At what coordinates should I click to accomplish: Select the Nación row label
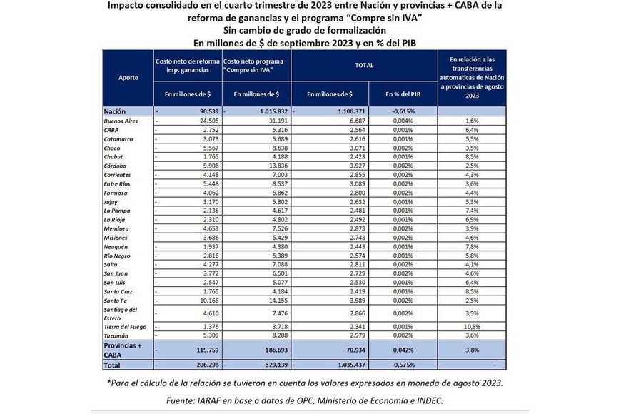115,112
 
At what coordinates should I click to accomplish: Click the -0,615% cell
404,112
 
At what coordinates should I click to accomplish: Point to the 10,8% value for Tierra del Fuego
472,326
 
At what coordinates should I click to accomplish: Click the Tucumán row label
116,335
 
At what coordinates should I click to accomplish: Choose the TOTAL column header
365,64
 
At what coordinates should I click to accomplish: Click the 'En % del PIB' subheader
403,94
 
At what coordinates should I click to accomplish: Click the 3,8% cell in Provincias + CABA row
472,350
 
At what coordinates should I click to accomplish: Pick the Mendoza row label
118,228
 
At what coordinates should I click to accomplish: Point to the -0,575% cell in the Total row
404,365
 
